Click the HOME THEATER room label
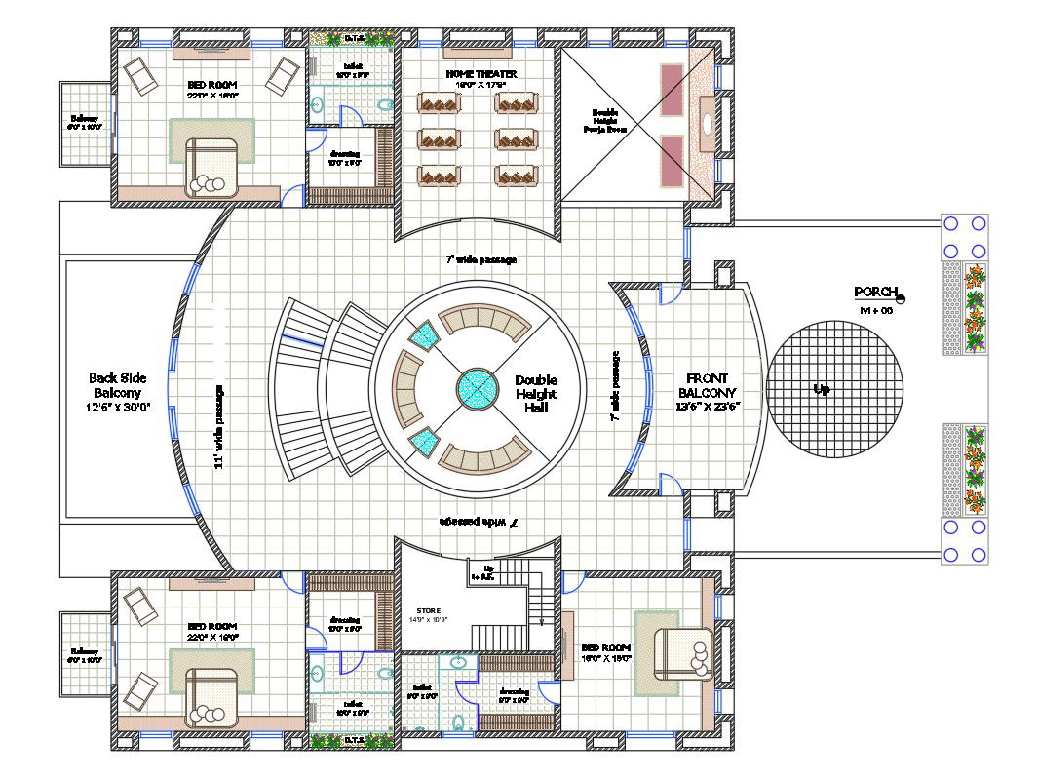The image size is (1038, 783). [x=481, y=74]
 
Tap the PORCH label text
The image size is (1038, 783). [x=874, y=292]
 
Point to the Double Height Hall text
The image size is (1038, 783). [x=535, y=394]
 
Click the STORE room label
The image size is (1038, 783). [x=429, y=611]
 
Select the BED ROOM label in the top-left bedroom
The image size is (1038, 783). [x=212, y=85]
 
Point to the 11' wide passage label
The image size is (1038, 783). [x=220, y=426]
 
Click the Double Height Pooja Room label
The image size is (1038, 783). [x=605, y=120]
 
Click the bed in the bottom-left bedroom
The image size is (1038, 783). [x=212, y=694]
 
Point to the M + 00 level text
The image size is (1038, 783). [x=876, y=310]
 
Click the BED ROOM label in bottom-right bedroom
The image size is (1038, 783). [x=605, y=647]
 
